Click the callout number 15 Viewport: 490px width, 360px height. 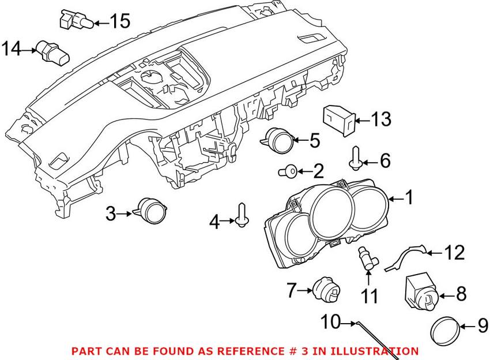[120, 22]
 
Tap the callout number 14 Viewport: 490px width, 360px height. [11, 49]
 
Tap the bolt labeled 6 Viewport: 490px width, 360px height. [356, 157]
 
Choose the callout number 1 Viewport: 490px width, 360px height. [408, 199]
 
